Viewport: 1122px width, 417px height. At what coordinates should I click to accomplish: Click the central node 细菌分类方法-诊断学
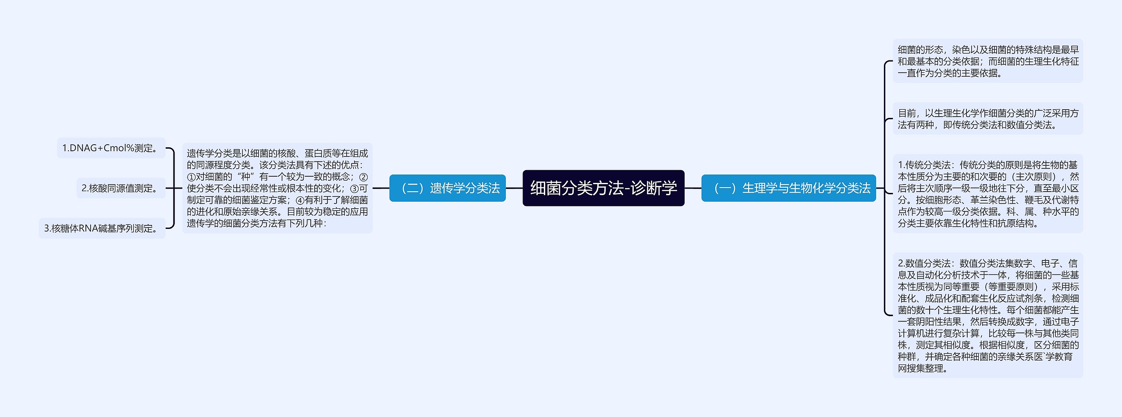point(603,188)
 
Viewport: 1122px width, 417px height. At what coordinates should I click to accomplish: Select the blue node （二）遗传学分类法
point(447,188)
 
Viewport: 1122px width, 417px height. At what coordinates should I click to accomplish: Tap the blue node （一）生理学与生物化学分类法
point(788,188)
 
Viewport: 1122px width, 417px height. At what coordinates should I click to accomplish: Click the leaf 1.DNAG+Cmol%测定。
point(111,148)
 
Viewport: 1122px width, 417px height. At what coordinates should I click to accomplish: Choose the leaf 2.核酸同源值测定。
point(121,188)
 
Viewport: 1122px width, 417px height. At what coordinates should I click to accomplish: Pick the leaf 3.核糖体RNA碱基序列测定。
point(102,228)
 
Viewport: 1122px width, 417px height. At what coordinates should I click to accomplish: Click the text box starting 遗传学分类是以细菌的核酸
point(277,188)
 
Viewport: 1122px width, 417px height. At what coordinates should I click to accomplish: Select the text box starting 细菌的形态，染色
point(987,61)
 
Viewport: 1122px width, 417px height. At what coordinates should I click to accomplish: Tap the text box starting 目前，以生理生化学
point(987,119)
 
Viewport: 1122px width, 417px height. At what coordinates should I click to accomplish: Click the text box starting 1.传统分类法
point(987,194)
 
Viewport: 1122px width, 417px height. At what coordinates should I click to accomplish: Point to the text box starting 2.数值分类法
point(987,315)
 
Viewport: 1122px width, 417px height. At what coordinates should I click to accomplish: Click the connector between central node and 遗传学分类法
point(514,188)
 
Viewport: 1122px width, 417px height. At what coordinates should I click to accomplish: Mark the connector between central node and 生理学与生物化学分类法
point(693,188)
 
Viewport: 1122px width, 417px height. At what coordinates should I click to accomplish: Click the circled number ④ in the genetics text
point(300,200)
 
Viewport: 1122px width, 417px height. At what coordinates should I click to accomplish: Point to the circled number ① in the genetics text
point(191,177)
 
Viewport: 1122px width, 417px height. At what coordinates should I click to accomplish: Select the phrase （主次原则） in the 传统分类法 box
point(1031,177)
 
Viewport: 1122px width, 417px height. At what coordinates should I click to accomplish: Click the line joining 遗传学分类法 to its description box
point(381,188)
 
